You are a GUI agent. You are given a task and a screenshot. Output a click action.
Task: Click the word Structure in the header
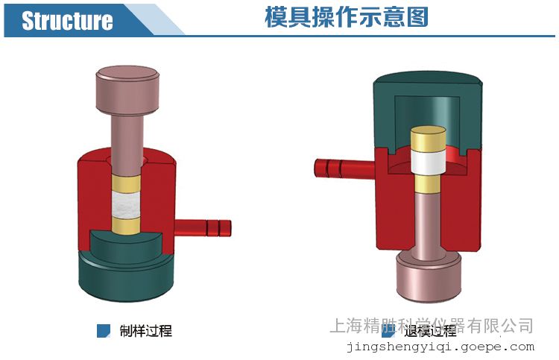click(67, 20)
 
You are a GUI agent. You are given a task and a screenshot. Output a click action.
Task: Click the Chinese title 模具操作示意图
click(347, 17)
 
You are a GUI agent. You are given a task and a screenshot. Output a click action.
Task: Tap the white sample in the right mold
click(429, 162)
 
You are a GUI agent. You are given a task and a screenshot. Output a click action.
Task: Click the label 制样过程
click(145, 330)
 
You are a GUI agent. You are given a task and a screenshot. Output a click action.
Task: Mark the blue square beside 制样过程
click(104, 330)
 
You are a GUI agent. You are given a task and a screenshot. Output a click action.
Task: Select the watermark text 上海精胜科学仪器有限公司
click(431, 325)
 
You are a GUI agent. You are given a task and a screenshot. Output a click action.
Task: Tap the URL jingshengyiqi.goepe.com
click(440, 347)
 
